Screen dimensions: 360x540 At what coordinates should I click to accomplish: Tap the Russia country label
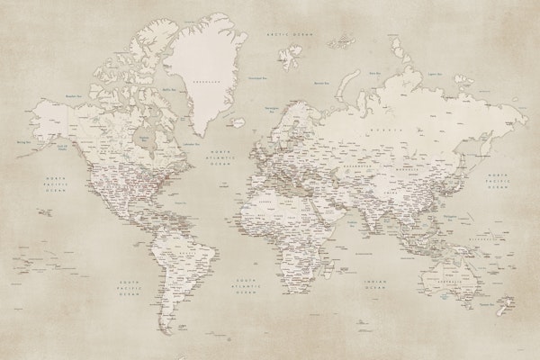coord(389,129)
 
